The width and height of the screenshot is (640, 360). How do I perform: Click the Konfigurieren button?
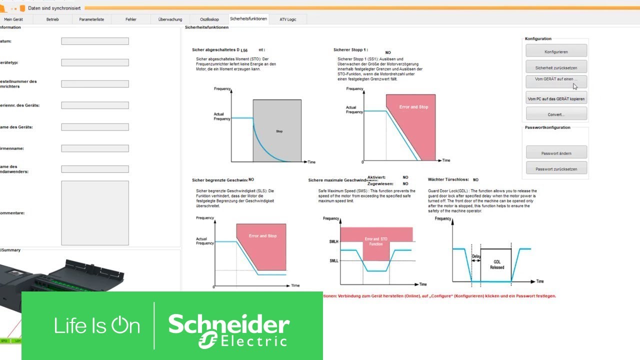click(556, 51)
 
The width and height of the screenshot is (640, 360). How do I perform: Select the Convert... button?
click(556, 114)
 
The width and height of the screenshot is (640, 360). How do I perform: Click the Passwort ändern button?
click(556, 153)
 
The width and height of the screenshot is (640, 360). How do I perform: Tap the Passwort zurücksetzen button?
click(556, 169)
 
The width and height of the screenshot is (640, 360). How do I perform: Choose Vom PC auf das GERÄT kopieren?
click(556, 99)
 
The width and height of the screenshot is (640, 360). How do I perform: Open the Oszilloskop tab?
click(209, 19)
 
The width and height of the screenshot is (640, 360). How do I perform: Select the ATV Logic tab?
click(288, 19)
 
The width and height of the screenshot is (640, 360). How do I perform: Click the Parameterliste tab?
click(91, 19)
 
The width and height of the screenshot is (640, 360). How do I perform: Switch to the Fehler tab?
click(131, 19)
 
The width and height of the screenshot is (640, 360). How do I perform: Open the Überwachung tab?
click(170, 19)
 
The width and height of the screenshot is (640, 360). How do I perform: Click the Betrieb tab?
click(52, 19)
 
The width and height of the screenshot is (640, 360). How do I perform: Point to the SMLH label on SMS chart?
click(333, 241)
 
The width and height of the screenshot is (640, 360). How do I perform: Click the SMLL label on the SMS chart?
click(333, 260)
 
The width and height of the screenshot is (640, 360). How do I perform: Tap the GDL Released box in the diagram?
click(496, 264)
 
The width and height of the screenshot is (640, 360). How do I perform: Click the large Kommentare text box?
click(95, 213)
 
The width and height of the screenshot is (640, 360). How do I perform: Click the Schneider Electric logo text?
click(228, 330)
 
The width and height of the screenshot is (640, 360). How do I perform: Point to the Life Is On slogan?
click(97, 326)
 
